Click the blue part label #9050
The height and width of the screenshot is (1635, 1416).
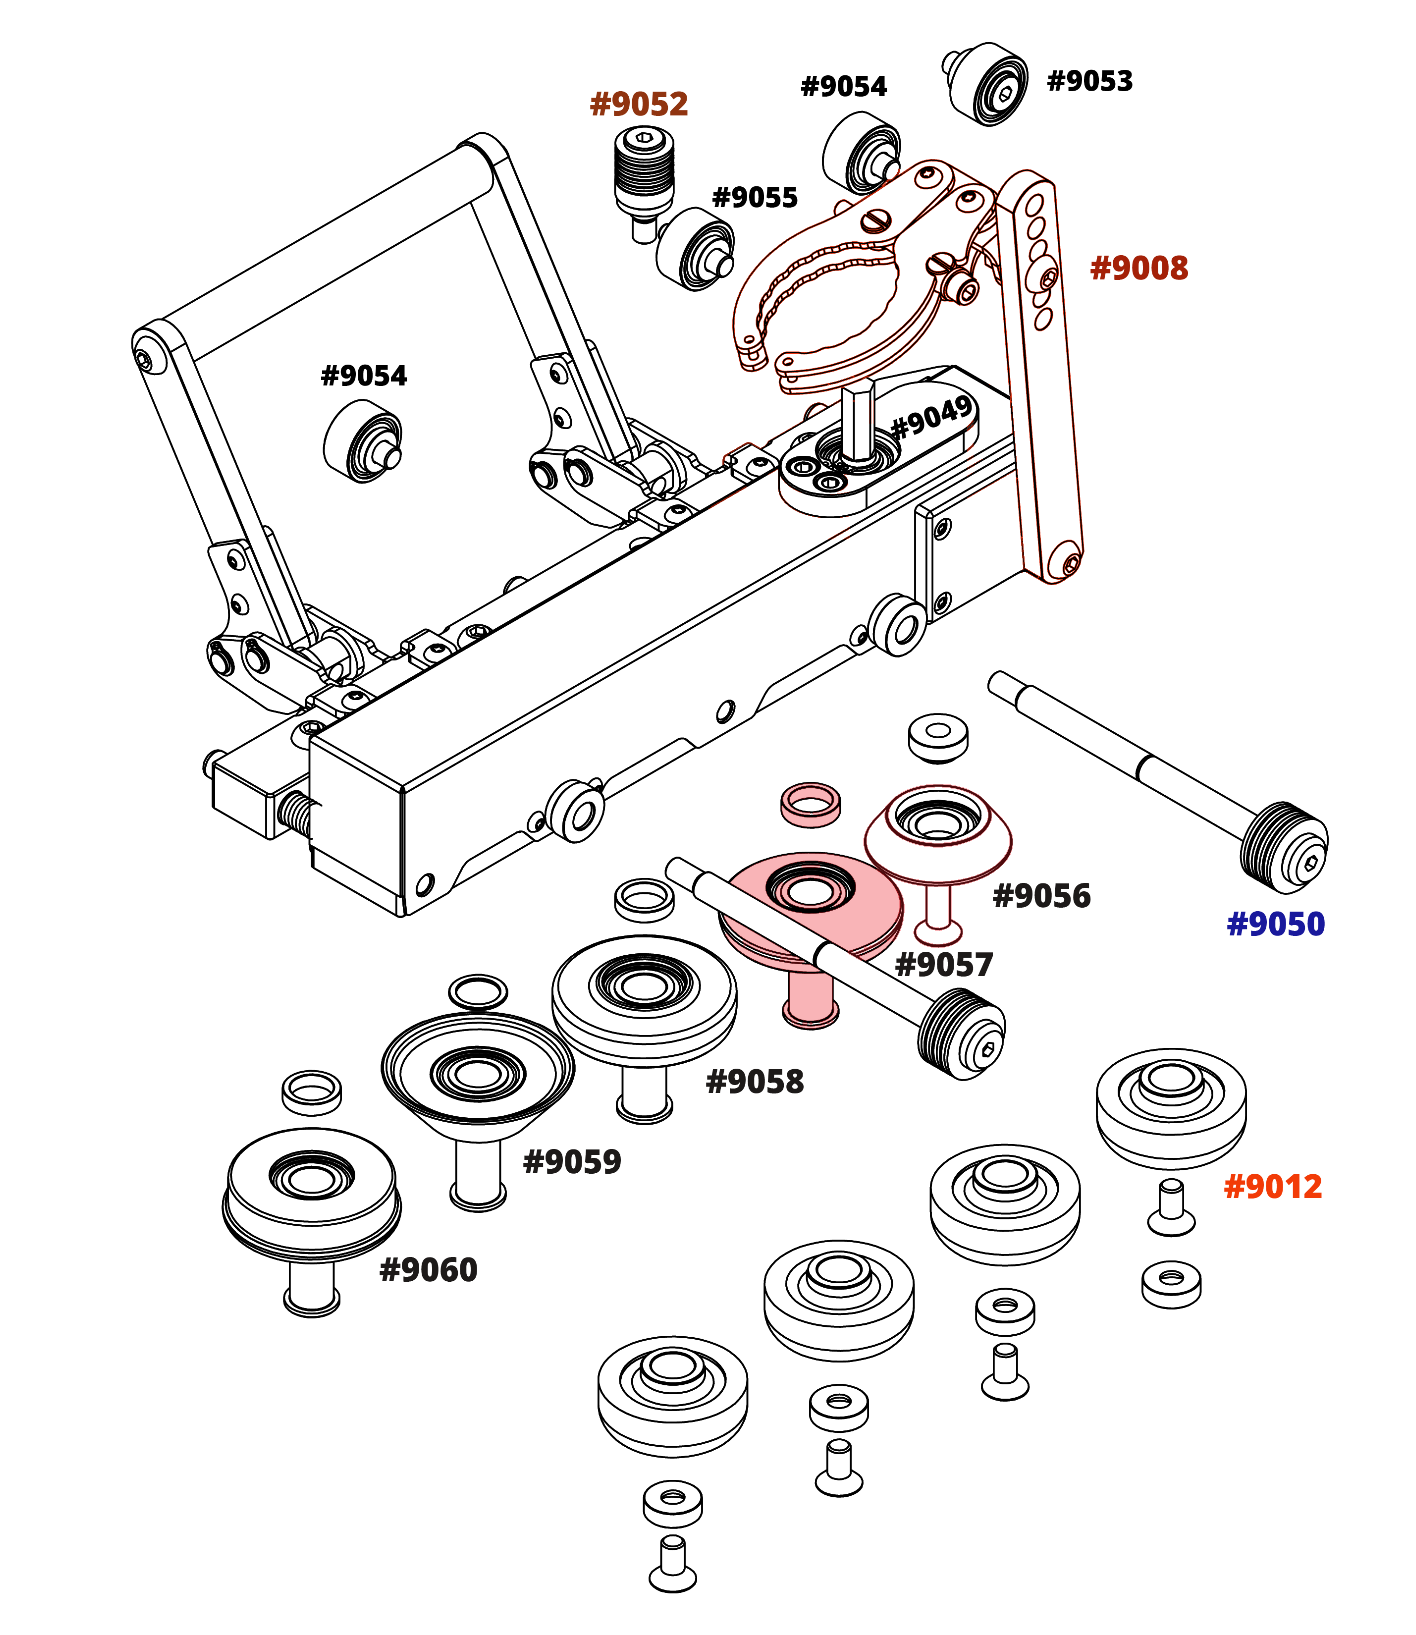(x=1275, y=924)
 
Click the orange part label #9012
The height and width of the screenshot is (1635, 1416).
(x=1273, y=1187)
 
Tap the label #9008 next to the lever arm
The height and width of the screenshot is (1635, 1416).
(x=1139, y=269)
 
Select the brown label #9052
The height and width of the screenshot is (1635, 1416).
(x=639, y=104)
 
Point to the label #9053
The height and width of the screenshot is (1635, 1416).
(x=1089, y=81)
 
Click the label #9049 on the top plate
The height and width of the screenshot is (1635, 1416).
(x=931, y=417)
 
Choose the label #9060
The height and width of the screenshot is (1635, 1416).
(x=428, y=1270)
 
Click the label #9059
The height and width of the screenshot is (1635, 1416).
(x=572, y=1162)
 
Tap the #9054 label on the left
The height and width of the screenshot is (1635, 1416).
(x=363, y=376)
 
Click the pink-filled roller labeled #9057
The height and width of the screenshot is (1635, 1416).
(x=810, y=905)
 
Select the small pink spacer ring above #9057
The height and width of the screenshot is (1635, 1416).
(x=810, y=803)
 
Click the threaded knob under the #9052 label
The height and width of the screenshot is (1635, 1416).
(x=644, y=170)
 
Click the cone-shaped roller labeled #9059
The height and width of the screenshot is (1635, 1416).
(x=478, y=1075)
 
